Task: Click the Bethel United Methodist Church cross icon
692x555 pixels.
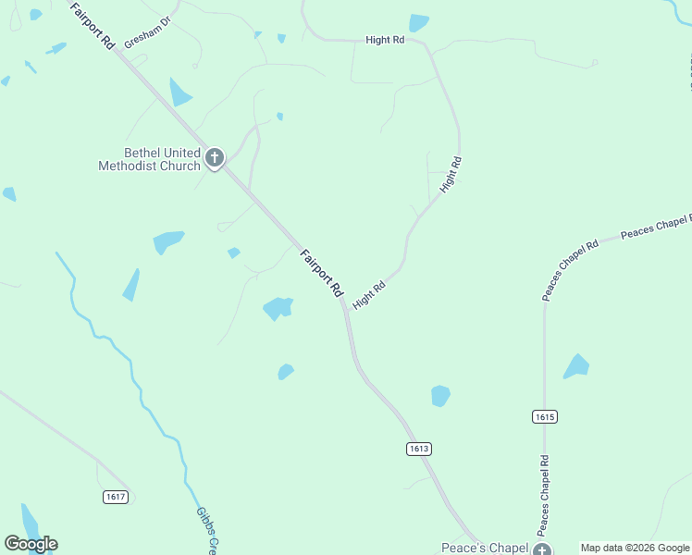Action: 215,158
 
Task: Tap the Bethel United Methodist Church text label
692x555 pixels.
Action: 149,160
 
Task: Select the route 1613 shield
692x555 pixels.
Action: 418,449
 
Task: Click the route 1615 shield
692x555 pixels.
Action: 545,417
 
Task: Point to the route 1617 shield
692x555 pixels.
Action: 115,497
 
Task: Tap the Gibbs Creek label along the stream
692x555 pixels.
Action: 205,530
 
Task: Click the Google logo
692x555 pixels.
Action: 31,544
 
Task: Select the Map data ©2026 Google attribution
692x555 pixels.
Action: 635,548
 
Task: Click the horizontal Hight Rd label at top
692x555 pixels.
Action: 385,40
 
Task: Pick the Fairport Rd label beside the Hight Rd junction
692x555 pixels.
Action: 321,272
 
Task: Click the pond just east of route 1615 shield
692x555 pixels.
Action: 576,366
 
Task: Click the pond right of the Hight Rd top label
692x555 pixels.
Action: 419,23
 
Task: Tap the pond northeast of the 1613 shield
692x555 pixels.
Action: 440,396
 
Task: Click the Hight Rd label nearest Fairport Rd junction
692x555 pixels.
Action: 368,296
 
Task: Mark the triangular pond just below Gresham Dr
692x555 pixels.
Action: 179,93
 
